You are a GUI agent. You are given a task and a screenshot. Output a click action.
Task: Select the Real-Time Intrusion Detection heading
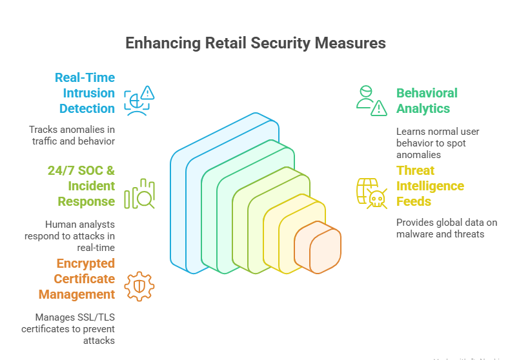(85, 93)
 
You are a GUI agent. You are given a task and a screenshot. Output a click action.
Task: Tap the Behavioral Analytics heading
(427, 101)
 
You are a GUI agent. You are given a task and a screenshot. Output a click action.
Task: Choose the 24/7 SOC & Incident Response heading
(81, 186)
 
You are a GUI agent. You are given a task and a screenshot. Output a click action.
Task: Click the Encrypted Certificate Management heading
(76, 279)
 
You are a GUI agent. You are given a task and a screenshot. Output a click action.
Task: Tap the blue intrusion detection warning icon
(139, 101)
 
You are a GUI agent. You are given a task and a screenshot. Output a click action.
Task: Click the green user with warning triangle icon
(372, 100)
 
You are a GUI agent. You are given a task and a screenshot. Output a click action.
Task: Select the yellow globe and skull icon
(372, 193)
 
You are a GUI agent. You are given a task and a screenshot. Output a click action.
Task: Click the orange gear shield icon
(139, 286)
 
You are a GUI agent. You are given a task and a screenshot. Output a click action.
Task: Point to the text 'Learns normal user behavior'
(438, 143)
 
